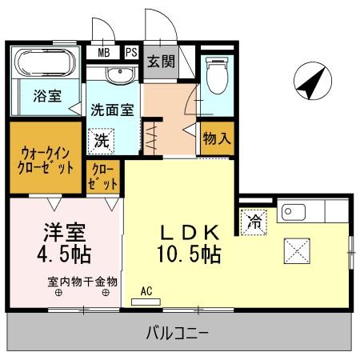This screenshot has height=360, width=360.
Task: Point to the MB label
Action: pos(104,53)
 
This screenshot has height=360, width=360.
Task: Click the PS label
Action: pos(130,53)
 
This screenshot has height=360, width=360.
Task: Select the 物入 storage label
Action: pos(217,138)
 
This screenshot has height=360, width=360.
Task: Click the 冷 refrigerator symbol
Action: pos(254,220)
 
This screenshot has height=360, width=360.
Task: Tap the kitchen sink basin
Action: pos(290,212)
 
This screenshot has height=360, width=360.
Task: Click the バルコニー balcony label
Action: pos(177,331)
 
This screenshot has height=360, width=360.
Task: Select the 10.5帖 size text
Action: pos(189,255)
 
